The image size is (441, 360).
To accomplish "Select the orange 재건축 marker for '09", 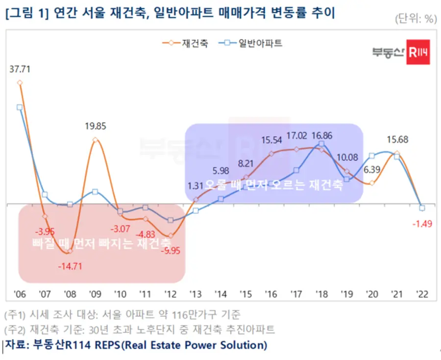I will [95, 140].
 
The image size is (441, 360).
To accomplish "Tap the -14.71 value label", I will [70, 266].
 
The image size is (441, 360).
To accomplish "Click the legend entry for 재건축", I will [185, 43].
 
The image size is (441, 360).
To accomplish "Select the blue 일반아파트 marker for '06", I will [20, 107].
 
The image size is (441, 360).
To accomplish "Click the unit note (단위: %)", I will [415, 19].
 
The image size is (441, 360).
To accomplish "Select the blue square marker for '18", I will [321, 144].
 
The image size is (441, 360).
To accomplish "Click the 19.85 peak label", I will [95, 126].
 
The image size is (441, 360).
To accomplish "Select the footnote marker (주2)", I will [15, 329].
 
